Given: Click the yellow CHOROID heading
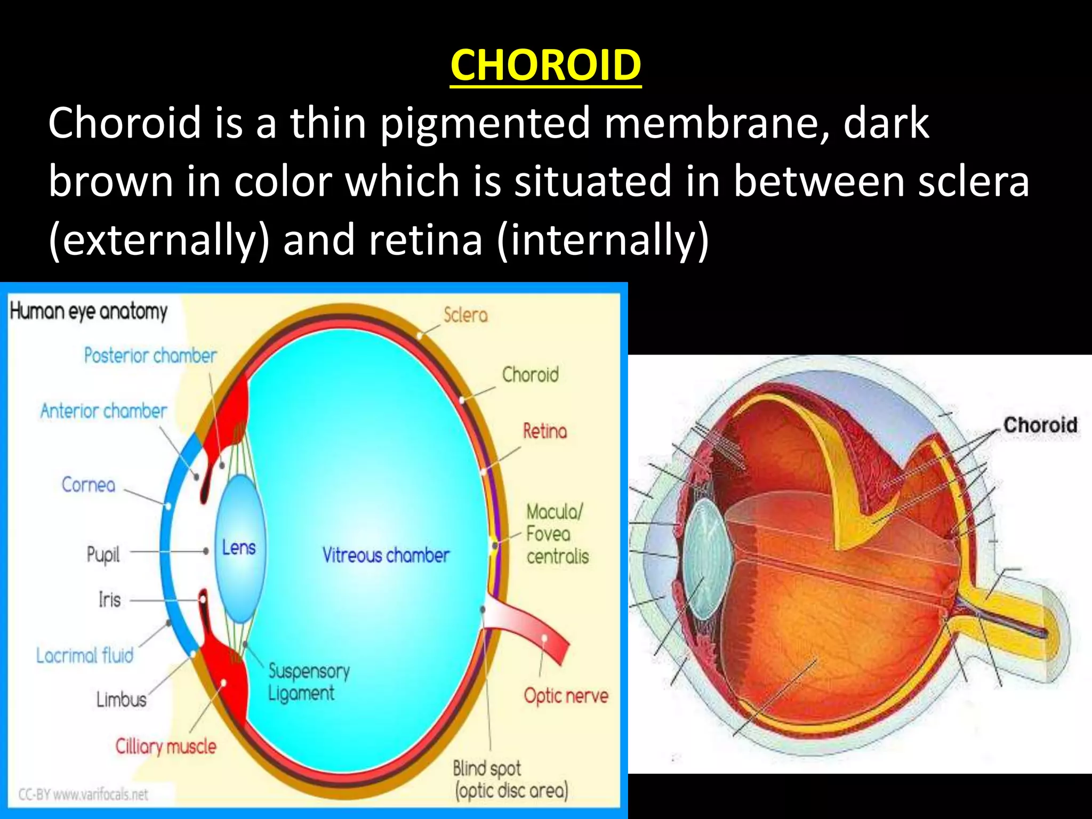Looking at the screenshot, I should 545,65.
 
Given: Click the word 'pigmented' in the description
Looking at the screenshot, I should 485,124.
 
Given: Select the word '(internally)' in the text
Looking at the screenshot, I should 603,240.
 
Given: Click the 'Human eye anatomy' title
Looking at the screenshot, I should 89,311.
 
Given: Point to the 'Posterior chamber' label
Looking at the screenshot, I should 150,355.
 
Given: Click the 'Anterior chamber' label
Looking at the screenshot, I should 103,411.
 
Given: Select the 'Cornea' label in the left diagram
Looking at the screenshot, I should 89,485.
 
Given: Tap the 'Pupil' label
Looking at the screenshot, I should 103,555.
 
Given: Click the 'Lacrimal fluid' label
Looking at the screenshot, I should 85,655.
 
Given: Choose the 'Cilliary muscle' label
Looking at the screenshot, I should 166,746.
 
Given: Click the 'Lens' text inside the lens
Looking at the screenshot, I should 239,548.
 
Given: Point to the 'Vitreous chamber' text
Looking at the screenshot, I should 386,556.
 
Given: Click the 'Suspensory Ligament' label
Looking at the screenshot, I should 308,682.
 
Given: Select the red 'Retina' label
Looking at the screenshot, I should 544,431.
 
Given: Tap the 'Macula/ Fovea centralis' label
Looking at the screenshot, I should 557,534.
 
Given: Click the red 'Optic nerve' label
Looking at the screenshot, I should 566,696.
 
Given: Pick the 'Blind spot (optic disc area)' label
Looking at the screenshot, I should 510,780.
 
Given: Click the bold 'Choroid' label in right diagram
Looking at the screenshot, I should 1040,425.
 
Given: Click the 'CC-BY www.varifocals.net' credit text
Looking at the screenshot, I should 83,794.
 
